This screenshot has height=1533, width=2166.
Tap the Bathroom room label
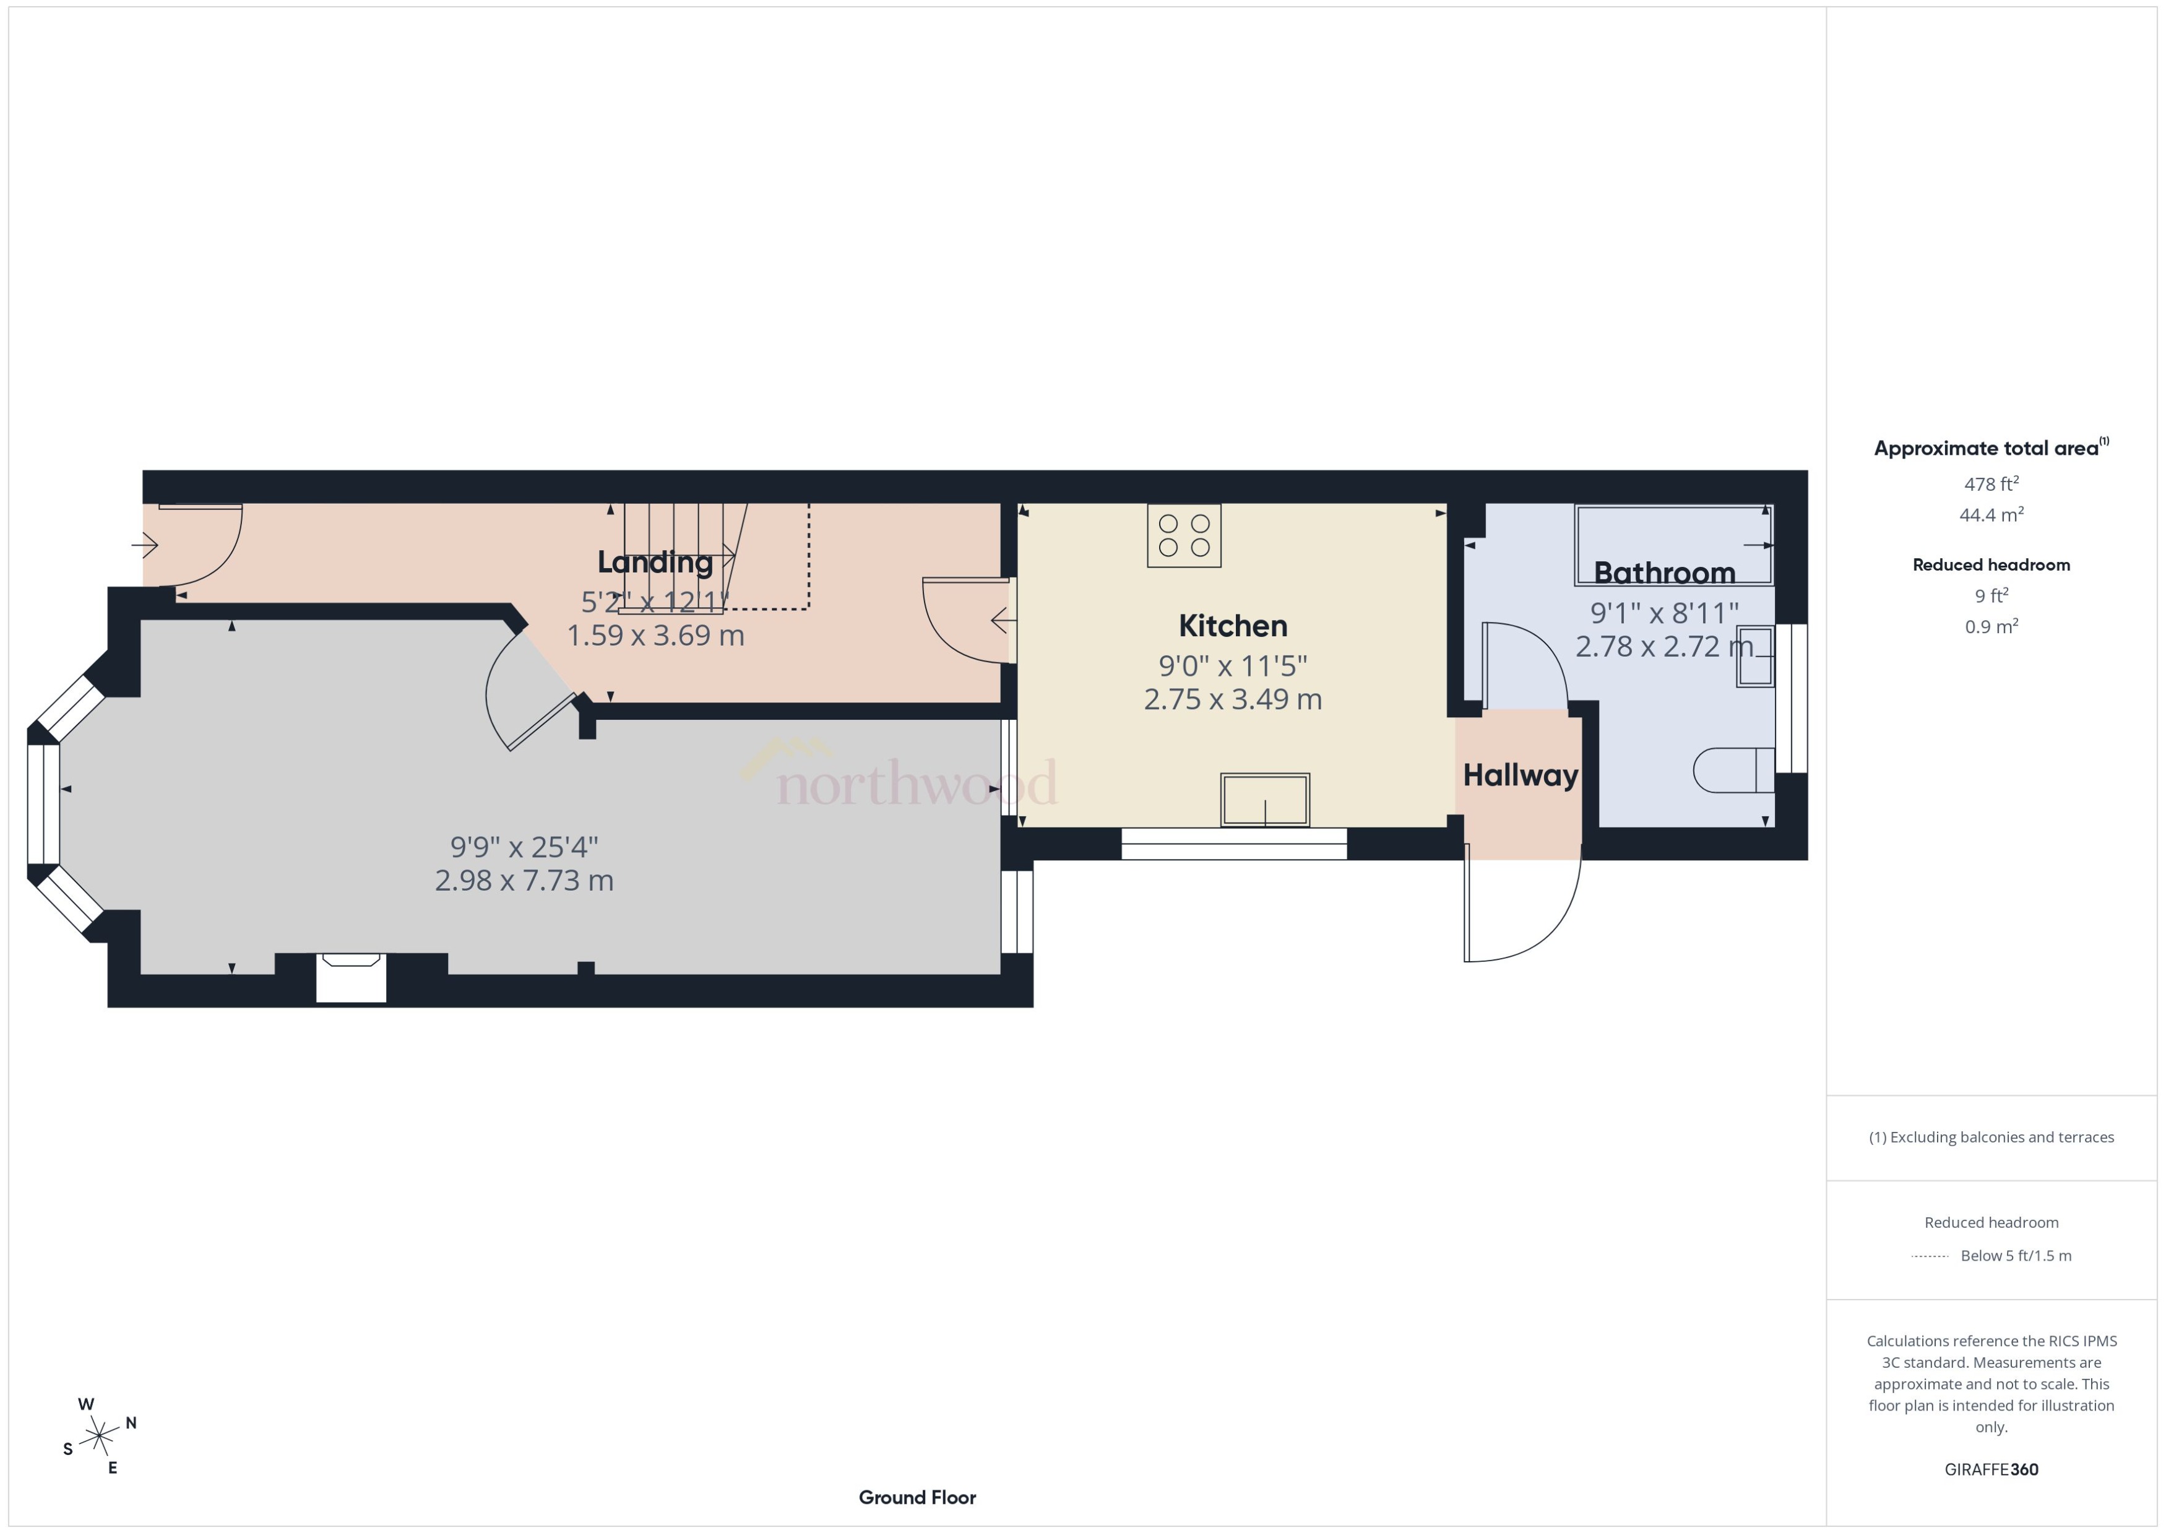click(1664, 573)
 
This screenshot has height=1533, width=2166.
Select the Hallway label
click(1519, 775)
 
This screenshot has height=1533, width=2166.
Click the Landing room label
click(654, 562)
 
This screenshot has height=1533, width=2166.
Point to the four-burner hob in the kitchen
click(1183, 535)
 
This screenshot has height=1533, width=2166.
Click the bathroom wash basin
click(1754, 655)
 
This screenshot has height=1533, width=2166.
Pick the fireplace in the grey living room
click(350, 977)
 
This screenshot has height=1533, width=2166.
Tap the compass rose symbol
click(99, 1436)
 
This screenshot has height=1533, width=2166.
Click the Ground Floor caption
click(917, 1497)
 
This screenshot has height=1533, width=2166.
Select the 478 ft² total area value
click(1990, 484)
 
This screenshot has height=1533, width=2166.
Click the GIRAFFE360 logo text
click(1990, 1469)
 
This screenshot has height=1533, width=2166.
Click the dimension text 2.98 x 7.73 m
click(524, 881)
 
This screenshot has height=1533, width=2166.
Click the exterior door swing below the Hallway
click(1519, 906)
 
